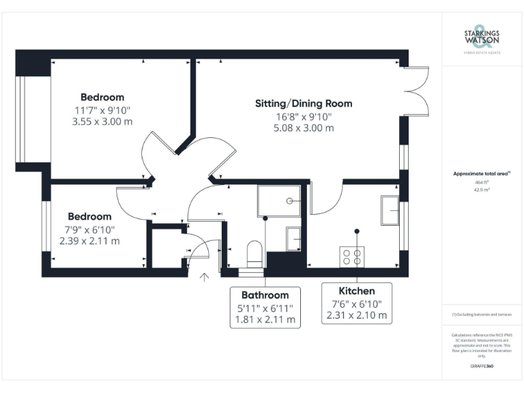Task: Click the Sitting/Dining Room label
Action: [304, 104]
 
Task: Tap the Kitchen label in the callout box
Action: [356, 291]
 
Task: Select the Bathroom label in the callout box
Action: [265, 295]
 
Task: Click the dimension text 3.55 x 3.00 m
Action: [102, 121]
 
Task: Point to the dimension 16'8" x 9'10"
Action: [304, 116]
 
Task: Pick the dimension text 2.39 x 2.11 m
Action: [89, 241]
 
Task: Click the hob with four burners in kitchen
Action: [352, 257]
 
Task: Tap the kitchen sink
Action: [390, 209]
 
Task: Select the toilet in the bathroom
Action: [254, 254]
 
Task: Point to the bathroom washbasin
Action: [293, 239]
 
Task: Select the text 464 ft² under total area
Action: [482, 182]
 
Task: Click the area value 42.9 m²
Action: [482, 190]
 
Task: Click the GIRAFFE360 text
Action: [482, 366]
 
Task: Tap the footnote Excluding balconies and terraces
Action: [482, 315]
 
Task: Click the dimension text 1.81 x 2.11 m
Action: [265, 319]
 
